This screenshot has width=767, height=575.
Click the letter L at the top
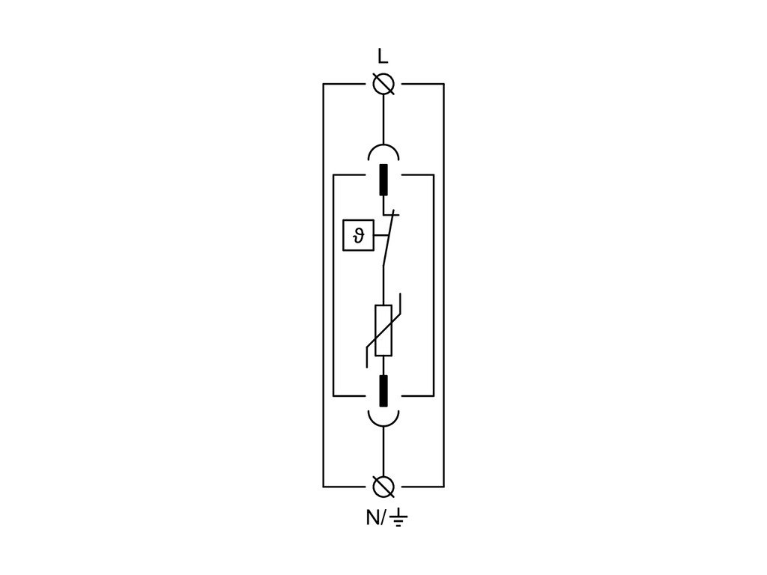click(x=383, y=57)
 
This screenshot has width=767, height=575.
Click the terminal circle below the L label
click(x=383, y=85)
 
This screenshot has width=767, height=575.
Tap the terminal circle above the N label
click(x=383, y=487)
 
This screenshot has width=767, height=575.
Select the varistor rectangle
click(x=383, y=330)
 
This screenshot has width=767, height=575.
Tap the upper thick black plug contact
click(x=383, y=180)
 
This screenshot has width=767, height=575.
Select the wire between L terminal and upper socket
click(x=383, y=120)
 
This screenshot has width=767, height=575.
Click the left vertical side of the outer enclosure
click(x=323, y=285)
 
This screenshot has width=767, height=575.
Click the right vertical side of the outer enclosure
click(x=443, y=285)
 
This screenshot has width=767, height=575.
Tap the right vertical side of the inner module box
click(x=434, y=285)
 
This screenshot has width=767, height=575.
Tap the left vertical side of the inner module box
click(x=333, y=285)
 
